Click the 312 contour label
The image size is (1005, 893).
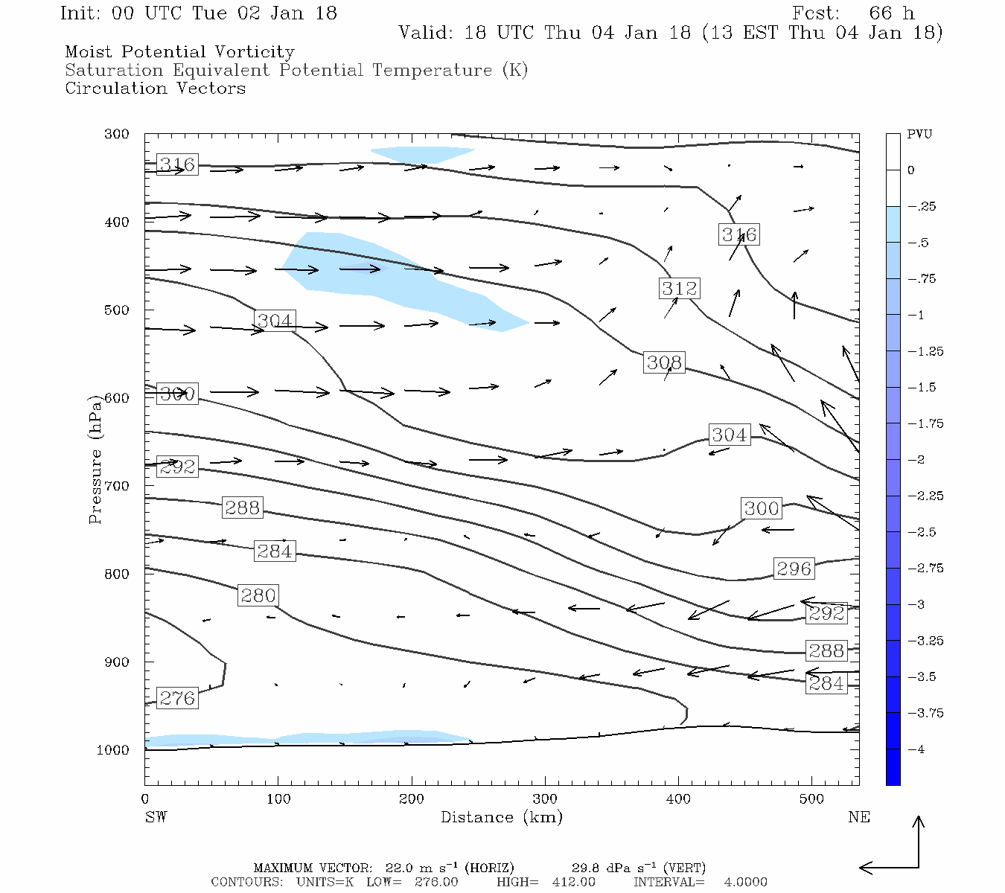(679, 288)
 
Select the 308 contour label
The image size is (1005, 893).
(664, 362)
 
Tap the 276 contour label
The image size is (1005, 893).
(177, 698)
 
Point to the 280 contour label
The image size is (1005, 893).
(258, 595)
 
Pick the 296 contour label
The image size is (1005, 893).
(794, 569)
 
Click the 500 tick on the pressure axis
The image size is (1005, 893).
(117, 310)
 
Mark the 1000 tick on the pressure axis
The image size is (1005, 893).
(113, 750)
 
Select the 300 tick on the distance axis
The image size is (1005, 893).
(545, 799)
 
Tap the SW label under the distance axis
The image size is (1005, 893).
(156, 817)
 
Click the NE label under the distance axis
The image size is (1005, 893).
(858, 817)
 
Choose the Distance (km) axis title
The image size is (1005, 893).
(502, 817)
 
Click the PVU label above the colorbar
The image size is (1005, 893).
(919, 135)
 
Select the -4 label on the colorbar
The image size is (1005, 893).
(917, 749)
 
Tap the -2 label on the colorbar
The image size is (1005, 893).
(917, 460)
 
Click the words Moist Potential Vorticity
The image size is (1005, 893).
(179, 52)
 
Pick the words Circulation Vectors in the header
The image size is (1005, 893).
(155, 89)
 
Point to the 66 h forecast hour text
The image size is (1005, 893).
(892, 13)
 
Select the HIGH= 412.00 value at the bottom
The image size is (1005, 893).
(573, 882)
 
